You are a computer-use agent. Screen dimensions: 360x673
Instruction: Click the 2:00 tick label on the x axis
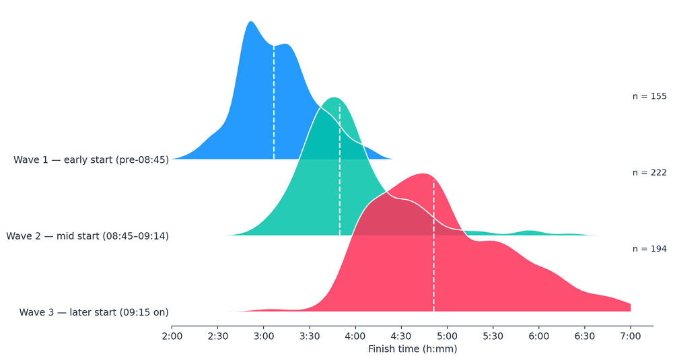pos(172,336)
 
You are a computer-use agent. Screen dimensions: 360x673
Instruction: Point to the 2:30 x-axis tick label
pos(217,336)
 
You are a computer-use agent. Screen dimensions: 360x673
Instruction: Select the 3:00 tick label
pos(263,336)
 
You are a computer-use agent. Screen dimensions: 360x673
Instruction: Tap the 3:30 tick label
pos(309,336)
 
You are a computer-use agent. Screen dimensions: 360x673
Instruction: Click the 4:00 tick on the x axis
pos(355,336)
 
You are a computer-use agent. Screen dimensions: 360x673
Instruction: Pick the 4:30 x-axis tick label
pos(401,336)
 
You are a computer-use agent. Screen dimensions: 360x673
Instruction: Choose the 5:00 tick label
pos(447,336)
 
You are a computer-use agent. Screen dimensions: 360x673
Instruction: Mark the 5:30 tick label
pos(493,336)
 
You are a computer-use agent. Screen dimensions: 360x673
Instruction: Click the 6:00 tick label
pos(538,336)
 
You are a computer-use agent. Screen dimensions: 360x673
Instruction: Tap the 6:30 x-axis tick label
pos(584,336)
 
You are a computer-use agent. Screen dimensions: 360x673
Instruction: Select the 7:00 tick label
pos(631,336)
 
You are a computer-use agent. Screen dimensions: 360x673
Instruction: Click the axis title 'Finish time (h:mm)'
pos(413,349)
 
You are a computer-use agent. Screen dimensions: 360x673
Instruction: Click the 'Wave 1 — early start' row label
pos(91,160)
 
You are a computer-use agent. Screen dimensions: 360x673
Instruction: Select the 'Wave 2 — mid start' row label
pos(87,236)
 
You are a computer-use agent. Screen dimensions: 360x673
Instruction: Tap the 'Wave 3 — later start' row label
pos(94,312)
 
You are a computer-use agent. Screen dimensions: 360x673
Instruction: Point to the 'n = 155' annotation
pos(649,96)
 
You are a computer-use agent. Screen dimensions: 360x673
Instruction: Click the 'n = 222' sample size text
pos(649,173)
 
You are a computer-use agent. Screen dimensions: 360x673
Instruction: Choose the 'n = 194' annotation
pos(649,249)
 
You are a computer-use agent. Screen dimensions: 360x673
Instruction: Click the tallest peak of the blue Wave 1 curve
pos(251,22)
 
